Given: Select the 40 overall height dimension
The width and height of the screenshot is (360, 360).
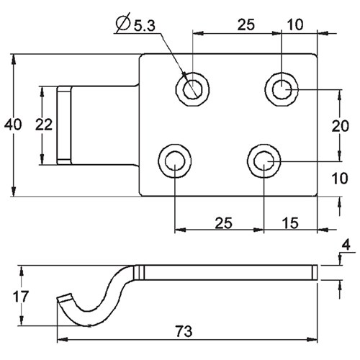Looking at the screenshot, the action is coord(13,125).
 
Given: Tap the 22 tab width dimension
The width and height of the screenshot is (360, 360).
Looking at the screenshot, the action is coord(44,125).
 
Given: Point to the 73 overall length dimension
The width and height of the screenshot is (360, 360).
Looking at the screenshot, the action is coord(184,331).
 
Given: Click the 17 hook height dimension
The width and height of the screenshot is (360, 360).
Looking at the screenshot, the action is coord(21,297).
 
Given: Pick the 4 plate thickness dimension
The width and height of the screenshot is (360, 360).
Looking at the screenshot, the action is coord(346,246).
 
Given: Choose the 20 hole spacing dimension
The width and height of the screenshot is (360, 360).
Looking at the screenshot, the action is coord(341,126).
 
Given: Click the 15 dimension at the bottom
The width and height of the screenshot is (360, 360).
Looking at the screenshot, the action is coord(290,223).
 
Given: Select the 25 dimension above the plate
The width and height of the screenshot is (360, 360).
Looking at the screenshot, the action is coord(246,24).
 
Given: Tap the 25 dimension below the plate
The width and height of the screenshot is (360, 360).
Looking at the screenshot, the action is coord(224,223).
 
